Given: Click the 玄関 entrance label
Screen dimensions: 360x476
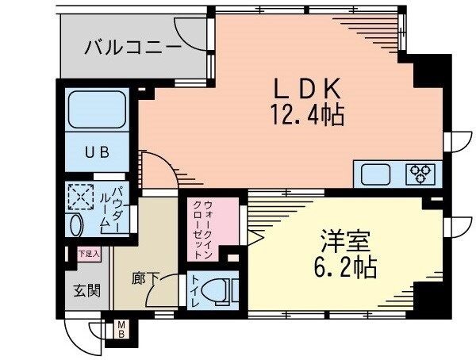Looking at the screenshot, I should [88, 291].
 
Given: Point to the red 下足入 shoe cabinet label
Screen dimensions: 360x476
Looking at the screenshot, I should [88, 255].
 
